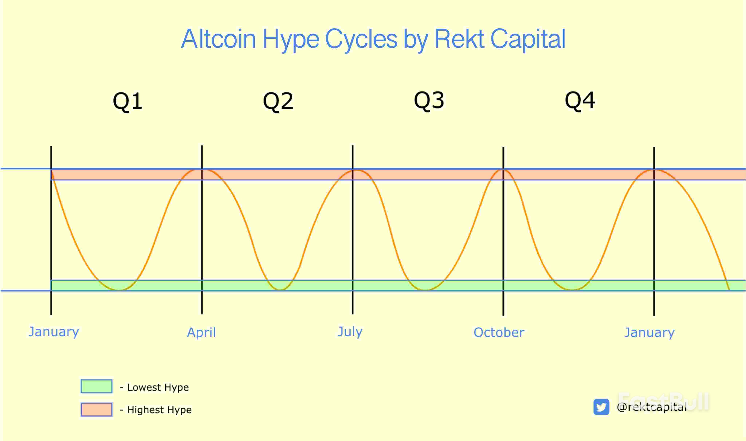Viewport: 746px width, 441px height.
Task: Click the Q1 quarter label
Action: coord(127,101)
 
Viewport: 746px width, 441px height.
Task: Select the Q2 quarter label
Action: coord(278,101)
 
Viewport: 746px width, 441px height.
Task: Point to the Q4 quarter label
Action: coord(580,100)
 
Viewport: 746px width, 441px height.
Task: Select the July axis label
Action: coord(350,332)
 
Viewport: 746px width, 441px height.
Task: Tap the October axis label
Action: coord(499,332)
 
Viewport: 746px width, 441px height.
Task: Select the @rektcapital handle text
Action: coord(651,407)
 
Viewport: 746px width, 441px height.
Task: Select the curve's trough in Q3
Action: coord(425,290)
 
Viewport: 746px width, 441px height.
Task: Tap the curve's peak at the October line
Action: coord(503,170)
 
